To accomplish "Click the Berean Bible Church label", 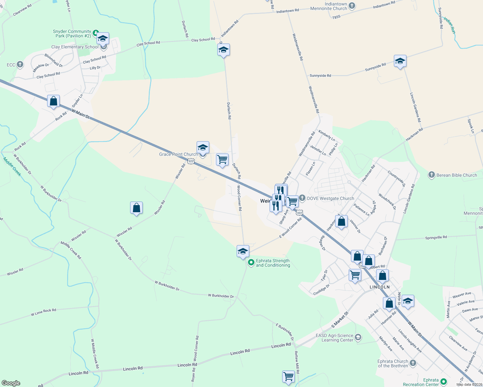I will pyautogui.click(x=457, y=175).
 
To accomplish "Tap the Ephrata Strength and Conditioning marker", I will pyautogui.click(x=251, y=263).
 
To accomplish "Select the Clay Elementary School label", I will pyautogui.click(x=75, y=47).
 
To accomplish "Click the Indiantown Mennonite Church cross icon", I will pyautogui.click(x=352, y=5).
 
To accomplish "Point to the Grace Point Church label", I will pyautogui.click(x=178, y=154).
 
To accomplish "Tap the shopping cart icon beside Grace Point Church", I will pyautogui.click(x=222, y=160).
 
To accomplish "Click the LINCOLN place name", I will pyautogui.click(x=380, y=287).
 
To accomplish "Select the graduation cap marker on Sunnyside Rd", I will pyautogui.click(x=400, y=61).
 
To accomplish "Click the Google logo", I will pyautogui.click(x=11, y=383).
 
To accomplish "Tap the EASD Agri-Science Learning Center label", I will pyautogui.click(x=334, y=338).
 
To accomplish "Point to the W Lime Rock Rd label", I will pyautogui.click(x=44, y=312).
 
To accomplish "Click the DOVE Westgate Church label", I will pyautogui.click(x=330, y=198).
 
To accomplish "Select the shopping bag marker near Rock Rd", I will pyautogui.click(x=54, y=101).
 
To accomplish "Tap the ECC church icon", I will pyautogui.click(x=20, y=64).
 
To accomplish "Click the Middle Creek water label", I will pyautogui.click(x=12, y=167).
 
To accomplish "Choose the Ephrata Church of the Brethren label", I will pyautogui.click(x=393, y=363).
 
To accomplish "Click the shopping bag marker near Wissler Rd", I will pyautogui.click(x=136, y=208).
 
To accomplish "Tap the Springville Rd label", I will pyautogui.click(x=436, y=238).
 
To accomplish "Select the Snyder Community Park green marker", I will pyautogui.click(x=96, y=33).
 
